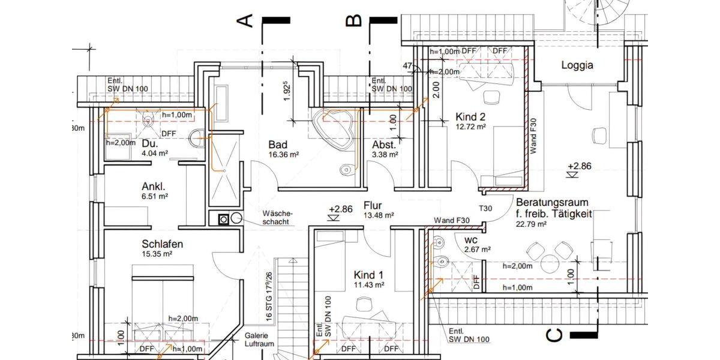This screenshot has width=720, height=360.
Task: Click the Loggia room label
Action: pos(577,65)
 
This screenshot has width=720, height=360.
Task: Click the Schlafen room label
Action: pos(162,244)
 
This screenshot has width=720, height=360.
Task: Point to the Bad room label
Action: pos(278,145)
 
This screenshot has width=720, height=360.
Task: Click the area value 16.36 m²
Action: pos(284,155)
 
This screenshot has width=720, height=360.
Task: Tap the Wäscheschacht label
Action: pos(277,217)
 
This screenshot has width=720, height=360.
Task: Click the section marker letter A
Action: pos(245,21)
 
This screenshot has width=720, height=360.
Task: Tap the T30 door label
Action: pos(485,208)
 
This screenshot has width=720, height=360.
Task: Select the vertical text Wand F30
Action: pos(532,137)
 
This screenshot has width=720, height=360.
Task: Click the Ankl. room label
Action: pos(154,186)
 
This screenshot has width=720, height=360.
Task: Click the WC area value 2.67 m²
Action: pos(478,249)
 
